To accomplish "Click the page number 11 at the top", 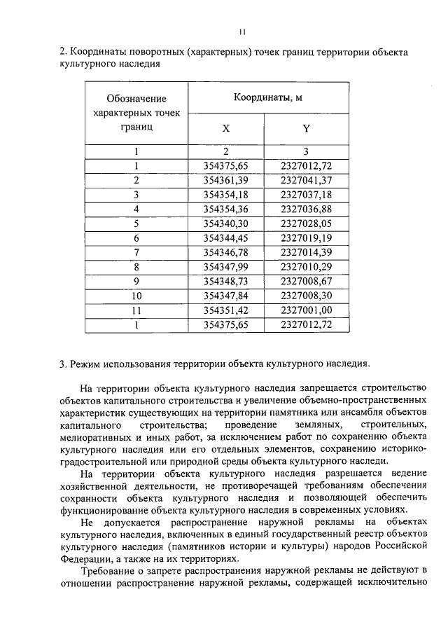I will [x=241, y=31].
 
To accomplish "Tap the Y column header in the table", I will [x=306, y=128].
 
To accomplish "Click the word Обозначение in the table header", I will [x=136, y=99].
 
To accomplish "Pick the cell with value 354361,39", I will [x=225, y=180].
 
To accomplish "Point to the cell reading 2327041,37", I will [x=306, y=180].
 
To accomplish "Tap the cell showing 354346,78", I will [x=225, y=252].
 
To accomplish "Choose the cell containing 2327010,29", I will [x=306, y=266].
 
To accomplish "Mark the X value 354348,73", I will [x=225, y=281].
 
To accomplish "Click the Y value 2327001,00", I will [x=306, y=310].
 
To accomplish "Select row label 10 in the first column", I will [x=136, y=296].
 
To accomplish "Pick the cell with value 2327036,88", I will [x=306, y=209].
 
